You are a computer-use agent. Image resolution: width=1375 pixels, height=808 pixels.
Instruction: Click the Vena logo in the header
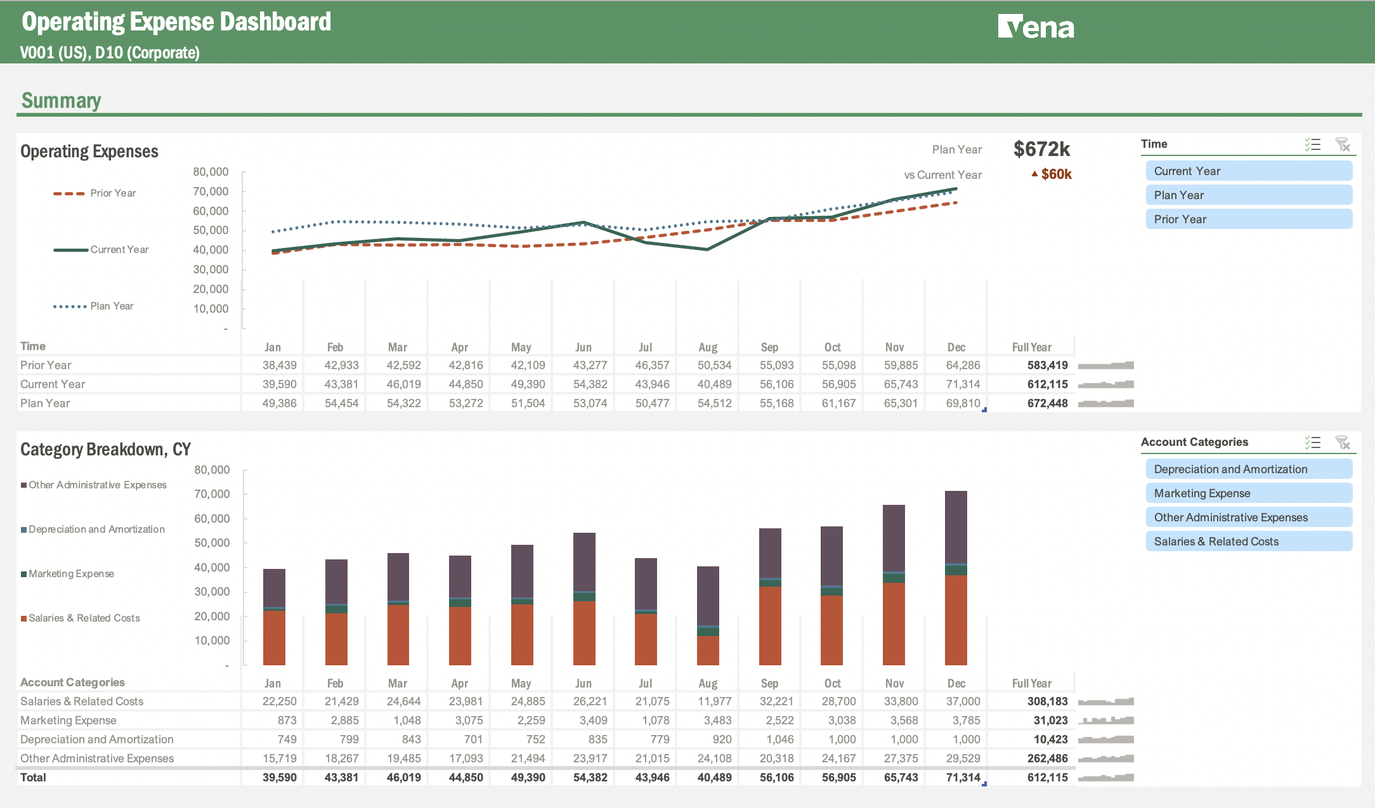pyautogui.click(x=1036, y=27)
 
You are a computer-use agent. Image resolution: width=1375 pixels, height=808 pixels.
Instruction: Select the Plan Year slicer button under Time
pyautogui.click(x=1248, y=195)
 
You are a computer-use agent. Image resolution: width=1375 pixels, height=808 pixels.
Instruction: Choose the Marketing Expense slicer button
pyautogui.click(x=1248, y=493)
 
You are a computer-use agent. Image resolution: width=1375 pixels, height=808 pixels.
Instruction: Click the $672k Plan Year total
pyautogui.click(x=1041, y=149)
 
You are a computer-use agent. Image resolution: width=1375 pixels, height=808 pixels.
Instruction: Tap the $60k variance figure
pyautogui.click(x=1055, y=174)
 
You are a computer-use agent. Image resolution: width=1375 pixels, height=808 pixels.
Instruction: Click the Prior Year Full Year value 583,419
pyautogui.click(x=1047, y=365)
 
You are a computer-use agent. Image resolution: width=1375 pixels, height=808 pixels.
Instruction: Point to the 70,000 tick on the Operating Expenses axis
pyautogui.click(x=211, y=192)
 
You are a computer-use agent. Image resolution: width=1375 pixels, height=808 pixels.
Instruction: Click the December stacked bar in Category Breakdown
pyautogui.click(x=956, y=577)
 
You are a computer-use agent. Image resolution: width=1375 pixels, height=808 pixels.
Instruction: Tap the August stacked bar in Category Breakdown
pyautogui.click(x=708, y=615)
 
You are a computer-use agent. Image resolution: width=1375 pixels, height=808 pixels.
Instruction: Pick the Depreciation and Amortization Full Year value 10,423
pyautogui.click(x=1050, y=740)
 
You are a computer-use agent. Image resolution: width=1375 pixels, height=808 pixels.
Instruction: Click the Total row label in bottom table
pyautogui.click(x=33, y=778)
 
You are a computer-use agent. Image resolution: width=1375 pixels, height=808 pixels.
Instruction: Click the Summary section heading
pyautogui.click(x=61, y=100)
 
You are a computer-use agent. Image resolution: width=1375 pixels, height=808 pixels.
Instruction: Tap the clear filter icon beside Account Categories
pyautogui.click(x=1342, y=443)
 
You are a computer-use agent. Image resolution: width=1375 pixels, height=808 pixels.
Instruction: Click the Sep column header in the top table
pyautogui.click(x=769, y=347)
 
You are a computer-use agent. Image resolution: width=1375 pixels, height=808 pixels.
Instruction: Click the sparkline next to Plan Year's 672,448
pyautogui.click(x=1105, y=403)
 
